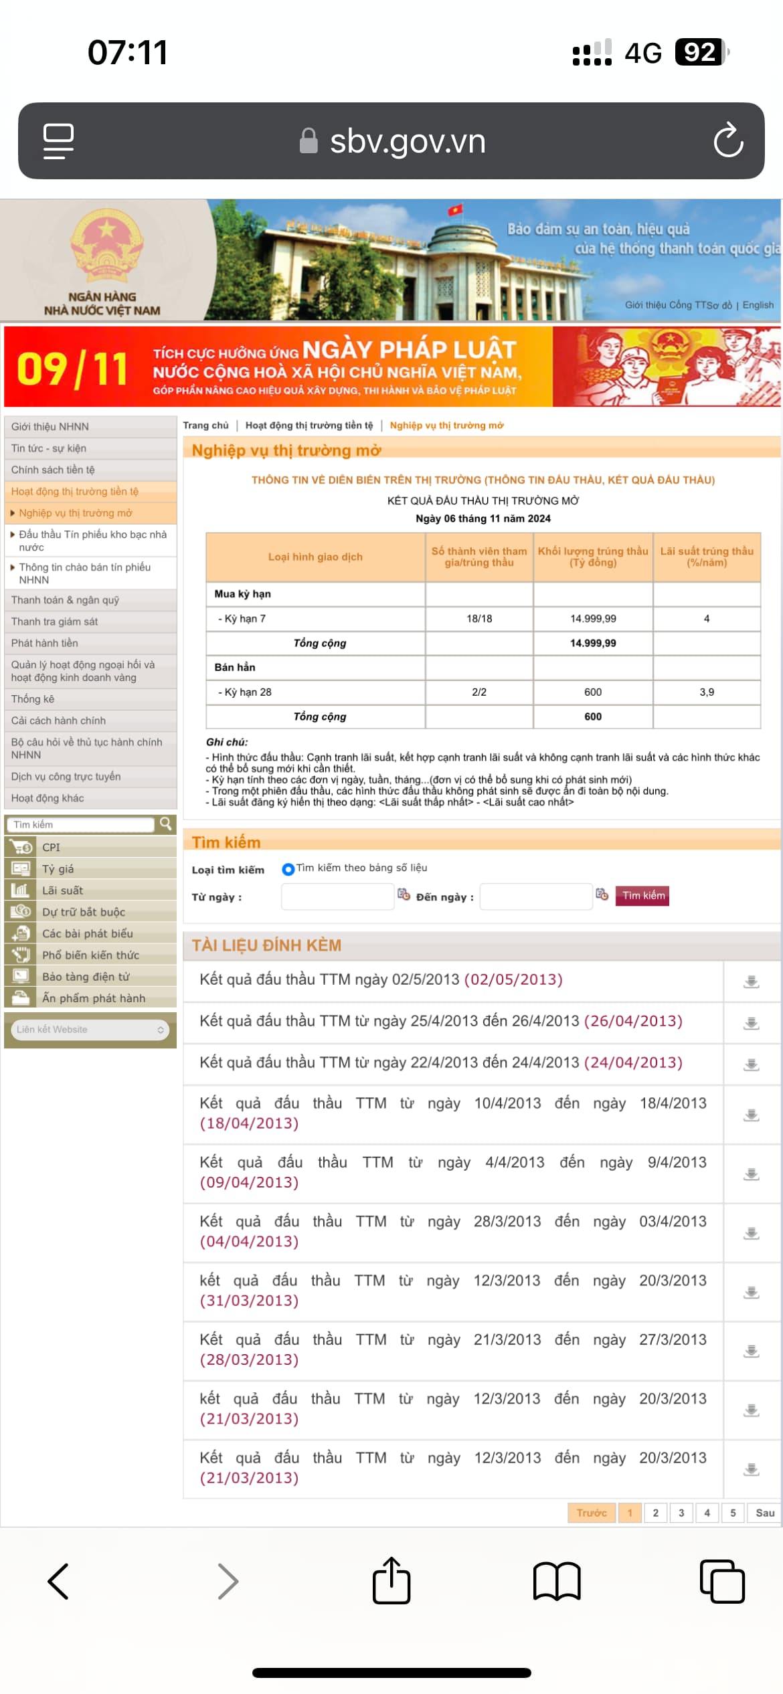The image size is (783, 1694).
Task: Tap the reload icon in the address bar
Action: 728,140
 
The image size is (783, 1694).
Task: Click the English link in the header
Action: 758,305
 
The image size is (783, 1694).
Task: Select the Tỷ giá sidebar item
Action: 58,869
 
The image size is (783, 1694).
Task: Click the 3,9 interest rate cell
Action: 707,692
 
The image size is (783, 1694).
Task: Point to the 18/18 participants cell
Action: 479,618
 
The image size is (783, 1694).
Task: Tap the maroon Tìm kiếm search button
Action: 642,895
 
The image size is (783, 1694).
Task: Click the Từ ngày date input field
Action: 337,897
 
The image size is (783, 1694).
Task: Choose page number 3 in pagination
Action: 681,1513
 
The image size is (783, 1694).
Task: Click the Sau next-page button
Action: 765,1513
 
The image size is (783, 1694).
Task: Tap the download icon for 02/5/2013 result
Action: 752,981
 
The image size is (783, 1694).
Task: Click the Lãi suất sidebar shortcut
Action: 62,890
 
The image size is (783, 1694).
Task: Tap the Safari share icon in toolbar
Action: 391,1582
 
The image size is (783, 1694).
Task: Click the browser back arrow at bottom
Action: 59,1582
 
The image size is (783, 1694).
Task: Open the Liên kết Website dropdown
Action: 90,1030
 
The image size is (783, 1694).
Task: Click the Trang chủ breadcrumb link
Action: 205,426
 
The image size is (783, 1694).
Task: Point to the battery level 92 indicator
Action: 700,52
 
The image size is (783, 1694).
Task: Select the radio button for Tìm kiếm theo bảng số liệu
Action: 288,869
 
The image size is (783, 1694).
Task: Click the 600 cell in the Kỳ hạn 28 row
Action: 593,692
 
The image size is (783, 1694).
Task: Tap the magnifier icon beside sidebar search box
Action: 165,824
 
